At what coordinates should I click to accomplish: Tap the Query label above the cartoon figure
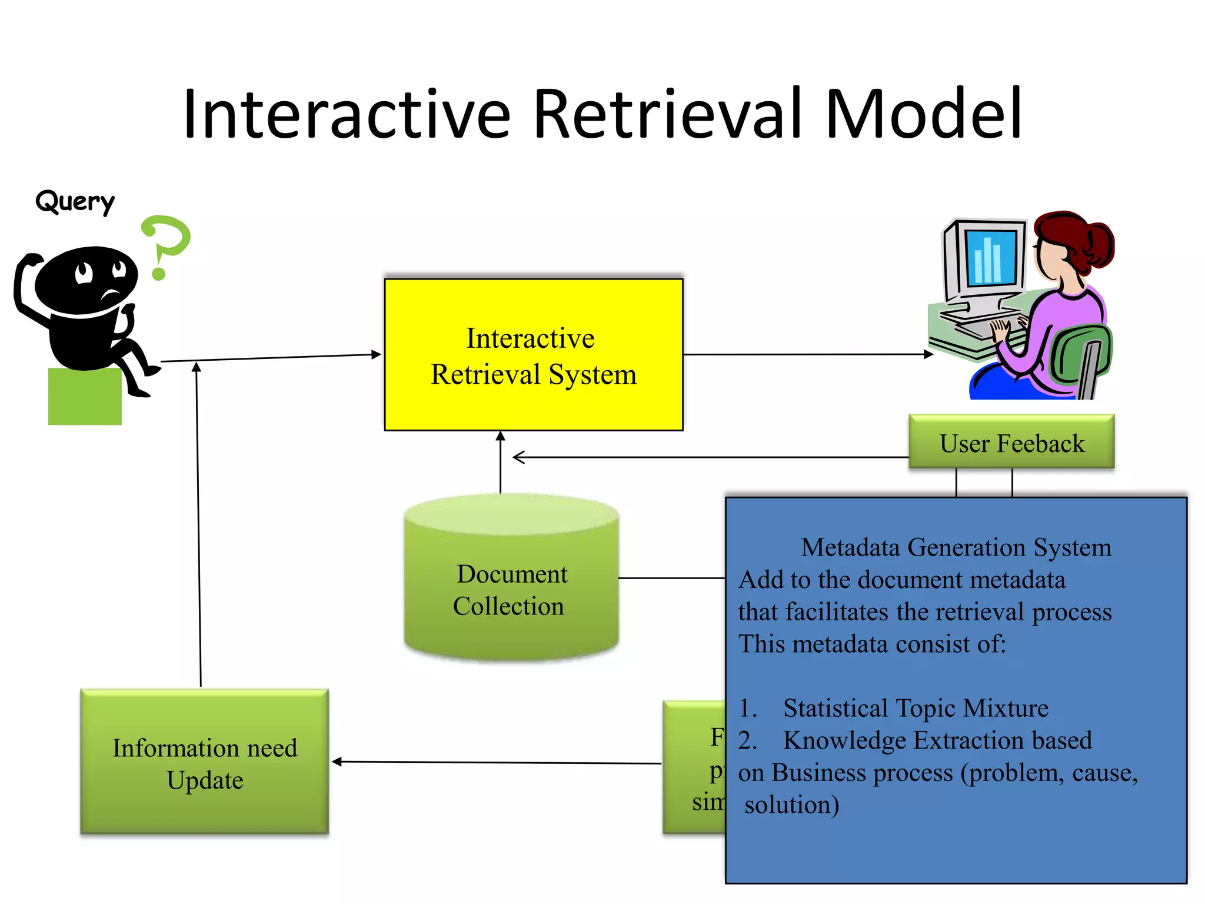(x=75, y=202)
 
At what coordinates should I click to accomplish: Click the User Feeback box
(x=1011, y=443)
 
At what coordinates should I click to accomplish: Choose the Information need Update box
(x=205, y=763)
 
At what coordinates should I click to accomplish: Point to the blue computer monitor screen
(x=990, y=257)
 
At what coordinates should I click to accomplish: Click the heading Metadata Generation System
(x=956, y=547)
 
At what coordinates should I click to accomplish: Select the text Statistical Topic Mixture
(x=915, y=708)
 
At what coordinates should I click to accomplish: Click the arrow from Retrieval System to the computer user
(x=806, y=354)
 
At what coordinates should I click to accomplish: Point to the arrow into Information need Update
(x=494, y=762)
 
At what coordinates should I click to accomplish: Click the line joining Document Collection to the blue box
(x=671, y=578)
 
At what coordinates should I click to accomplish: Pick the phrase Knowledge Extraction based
(x=937, y=740)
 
